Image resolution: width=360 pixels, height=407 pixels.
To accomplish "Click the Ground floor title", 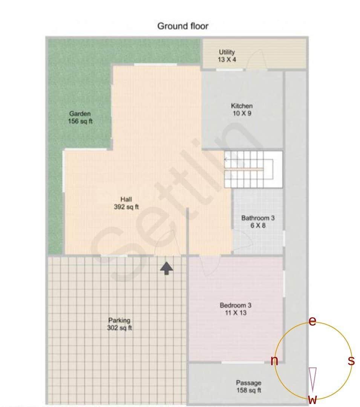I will [x=182, y=26].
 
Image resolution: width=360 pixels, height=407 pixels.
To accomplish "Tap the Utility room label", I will [x=227, y=55].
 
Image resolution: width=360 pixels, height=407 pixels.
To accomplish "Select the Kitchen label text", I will [x=242, y=109].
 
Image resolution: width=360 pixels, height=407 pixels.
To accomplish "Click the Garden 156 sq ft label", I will [x=80, y=117].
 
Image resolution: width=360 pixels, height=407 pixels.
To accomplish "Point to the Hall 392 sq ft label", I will [x=126, y=203].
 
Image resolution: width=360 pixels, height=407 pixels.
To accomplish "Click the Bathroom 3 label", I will [x=258, y=222].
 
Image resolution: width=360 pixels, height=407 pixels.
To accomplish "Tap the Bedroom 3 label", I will [x=235, y=309].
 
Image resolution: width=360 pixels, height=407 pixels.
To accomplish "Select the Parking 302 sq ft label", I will [x=119, y=324].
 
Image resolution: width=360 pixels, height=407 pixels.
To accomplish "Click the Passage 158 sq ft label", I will [x=248, y=387].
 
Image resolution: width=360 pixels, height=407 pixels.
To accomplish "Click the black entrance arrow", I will [x=167, y=268].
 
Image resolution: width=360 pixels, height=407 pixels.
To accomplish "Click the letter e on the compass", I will [x=312, y=321].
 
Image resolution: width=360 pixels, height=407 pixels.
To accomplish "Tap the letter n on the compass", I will [x=274, y=361].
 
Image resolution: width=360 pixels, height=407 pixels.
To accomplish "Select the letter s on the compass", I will [x=351, y=361].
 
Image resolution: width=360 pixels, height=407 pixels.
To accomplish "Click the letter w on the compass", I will [x=312, y=400].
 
